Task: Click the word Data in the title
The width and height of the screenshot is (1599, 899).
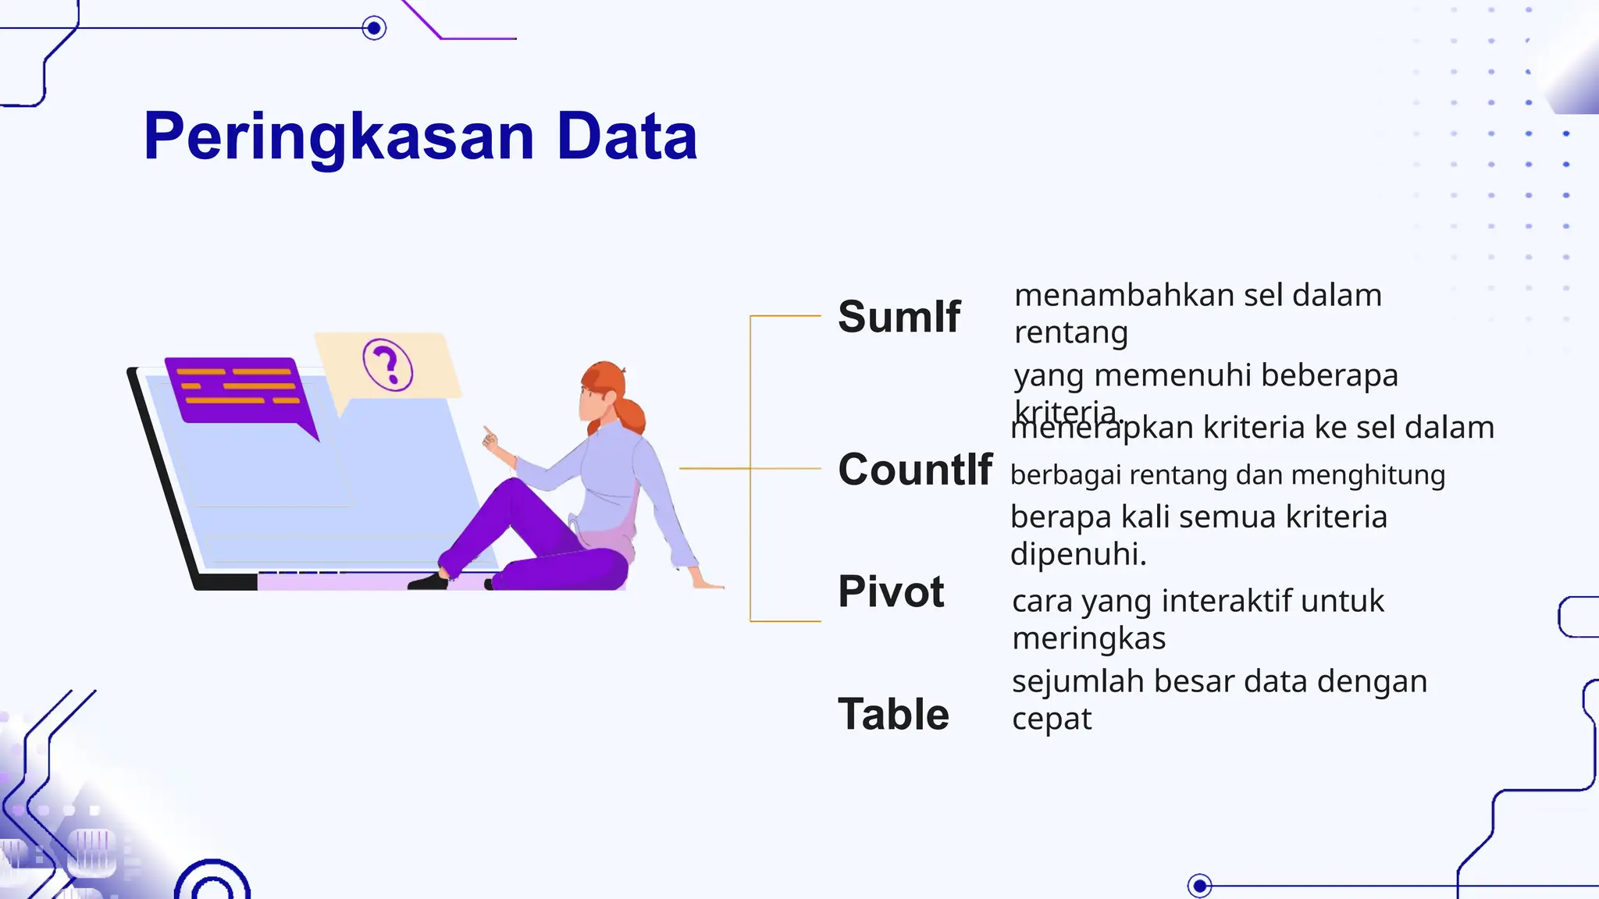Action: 626,137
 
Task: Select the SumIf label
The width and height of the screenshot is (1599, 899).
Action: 899,317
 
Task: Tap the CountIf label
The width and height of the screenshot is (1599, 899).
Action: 915,470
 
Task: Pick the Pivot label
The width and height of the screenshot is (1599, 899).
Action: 891,592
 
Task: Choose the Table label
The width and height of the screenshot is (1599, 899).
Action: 893,714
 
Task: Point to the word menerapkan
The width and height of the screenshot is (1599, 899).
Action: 1102,428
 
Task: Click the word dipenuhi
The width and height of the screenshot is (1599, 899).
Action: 1077,554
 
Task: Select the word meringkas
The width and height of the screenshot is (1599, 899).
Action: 1088,639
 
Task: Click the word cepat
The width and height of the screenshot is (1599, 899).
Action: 1052,720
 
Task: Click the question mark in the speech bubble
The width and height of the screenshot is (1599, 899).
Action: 387,364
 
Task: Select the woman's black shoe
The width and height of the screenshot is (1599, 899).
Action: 428,581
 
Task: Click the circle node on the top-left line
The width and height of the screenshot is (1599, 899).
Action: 374,29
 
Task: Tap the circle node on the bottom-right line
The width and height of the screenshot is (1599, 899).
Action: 1199,886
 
